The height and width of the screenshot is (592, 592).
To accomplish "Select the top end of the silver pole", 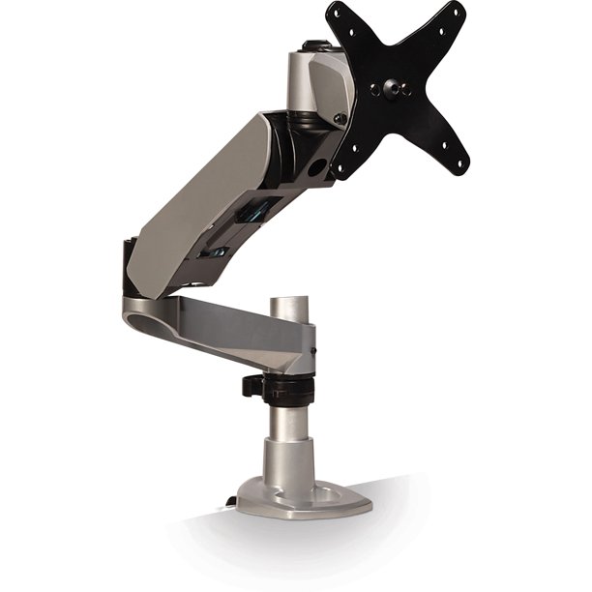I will coord(288,303).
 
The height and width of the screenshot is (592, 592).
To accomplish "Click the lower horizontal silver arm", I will coord(222,324).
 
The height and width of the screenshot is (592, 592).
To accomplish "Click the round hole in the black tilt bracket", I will coord(314,166).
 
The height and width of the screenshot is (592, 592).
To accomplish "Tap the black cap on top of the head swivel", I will coord(311,44).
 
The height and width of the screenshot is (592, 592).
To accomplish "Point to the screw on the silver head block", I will coord(339,118).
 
